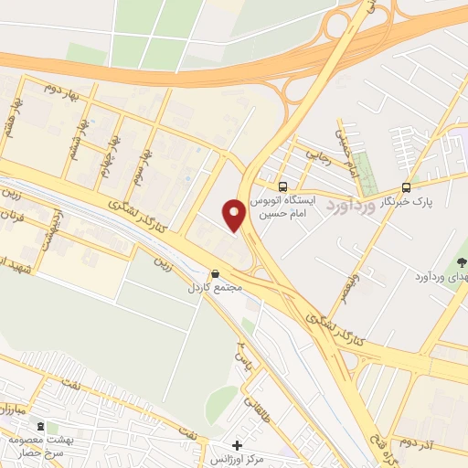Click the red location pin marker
[235, 216]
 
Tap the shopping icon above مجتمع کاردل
[215, 272]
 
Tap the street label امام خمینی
[342, 142]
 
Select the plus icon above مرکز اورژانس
[237, 445]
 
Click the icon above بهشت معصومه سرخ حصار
[39, 425]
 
